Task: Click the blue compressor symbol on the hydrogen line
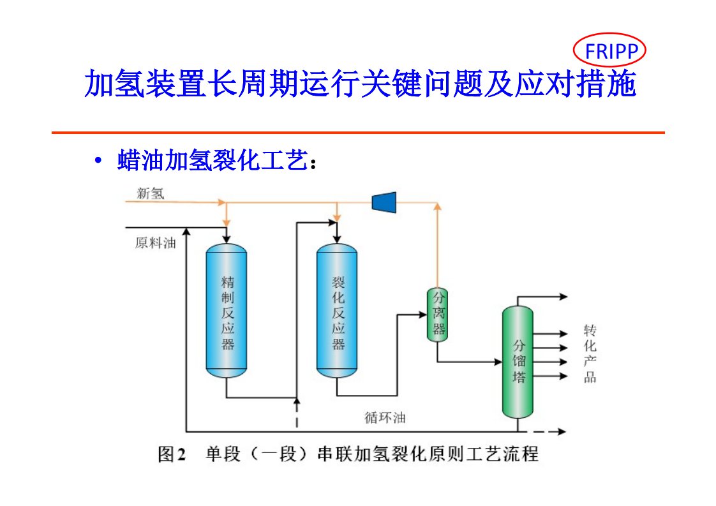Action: (x=384, y=202)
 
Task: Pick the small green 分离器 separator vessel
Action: (x=438, y=314)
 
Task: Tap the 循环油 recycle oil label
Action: (x=385, y=418)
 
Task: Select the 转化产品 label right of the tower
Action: (x=590, y=353)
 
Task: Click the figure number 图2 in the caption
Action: (x=172, y=454)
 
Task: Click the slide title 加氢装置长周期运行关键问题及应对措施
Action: (x=361, y=84)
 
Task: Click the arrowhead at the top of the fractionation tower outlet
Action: (x=563, y=297)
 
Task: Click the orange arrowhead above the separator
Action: (x=437, y=206)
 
